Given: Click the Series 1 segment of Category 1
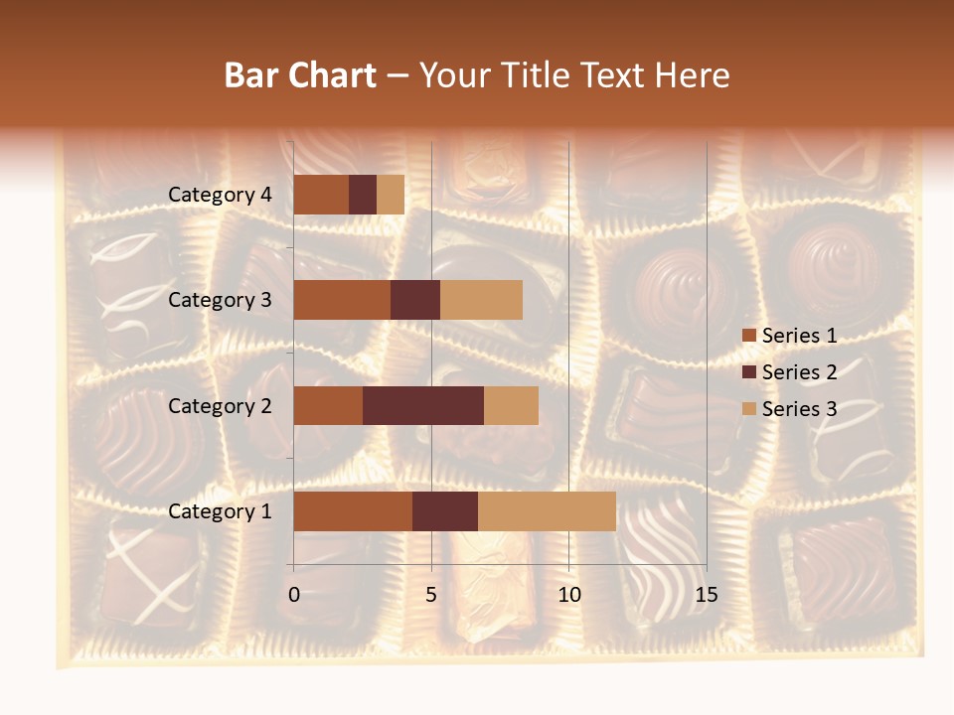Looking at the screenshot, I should point(353,511).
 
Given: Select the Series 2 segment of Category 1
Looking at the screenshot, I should point(445,511).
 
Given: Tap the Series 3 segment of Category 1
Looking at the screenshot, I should point(547,511).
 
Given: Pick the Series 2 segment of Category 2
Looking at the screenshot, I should point(423,405).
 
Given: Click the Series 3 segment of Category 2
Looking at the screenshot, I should point(511,405).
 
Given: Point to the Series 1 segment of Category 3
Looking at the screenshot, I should point(342,300).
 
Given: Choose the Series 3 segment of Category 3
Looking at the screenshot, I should point(481,300).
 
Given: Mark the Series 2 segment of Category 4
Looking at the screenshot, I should point(363,195).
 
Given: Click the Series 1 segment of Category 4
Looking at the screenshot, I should point(321,195).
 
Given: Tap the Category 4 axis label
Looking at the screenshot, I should point(220,195).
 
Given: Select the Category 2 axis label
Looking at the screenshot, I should point(220,405).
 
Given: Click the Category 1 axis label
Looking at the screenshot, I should point(220,511).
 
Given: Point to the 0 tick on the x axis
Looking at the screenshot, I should point(294,595).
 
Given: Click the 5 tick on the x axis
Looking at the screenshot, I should point(431,595).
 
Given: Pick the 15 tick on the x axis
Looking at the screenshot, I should point(706,595).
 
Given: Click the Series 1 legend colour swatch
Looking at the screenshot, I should point(748,336).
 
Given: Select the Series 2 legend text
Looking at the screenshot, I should point(799,372).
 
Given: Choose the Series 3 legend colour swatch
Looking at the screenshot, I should point(748,409).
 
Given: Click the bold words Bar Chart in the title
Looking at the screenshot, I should point(300,75).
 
